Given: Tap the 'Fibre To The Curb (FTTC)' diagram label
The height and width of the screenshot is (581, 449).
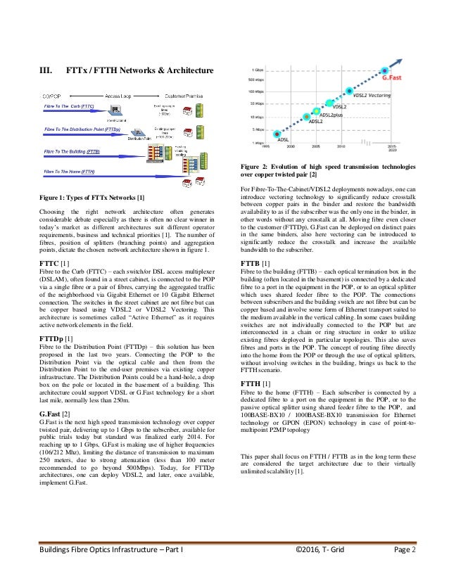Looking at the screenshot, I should pyautogui.click(x=69, y=106).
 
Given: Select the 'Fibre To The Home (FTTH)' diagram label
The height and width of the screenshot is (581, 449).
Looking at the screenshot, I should pyautogui.click(x=70, y=171).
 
